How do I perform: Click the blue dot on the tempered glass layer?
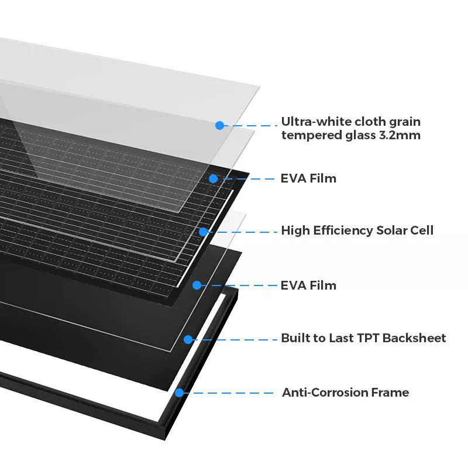pyautogui.click(x=219, y=125)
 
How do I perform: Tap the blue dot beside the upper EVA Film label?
pyautogui.click(x=214, y=178)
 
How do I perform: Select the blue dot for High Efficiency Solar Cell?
pyautogui.click(x=203, y=232)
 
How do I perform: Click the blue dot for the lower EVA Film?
pyautogui.click(x=197, y=285)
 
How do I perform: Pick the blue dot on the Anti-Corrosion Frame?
pyautogui.click(x=180, y=393)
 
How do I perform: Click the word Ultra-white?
pyautogui.click(x=311, y=122)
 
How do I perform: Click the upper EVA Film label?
pyautogui.click(x=308, y=178)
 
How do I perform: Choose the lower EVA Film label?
pyautogui.click(x=308, y=285)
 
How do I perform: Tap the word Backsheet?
pyautogui.click(x=414, y=338)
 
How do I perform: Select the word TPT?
pyautogui.click(x=367, y=338)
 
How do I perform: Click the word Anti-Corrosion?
pyautogui.click(x=321, y=393)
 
